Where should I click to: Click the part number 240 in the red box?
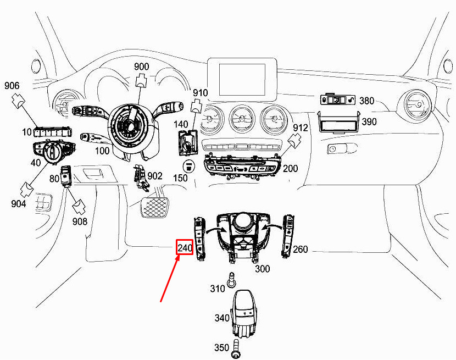[185, 248]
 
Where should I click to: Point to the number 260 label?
[300, 250]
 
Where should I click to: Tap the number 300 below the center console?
[262, 269]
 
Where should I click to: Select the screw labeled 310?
[231, 280]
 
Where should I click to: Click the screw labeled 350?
[236, 348]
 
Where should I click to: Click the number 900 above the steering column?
[141, 67]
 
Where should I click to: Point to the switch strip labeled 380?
[338, 100]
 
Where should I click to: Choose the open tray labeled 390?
[338, 123]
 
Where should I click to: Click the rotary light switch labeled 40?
[54, 151]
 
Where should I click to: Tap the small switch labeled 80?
[65, 175]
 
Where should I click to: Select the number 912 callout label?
[300, 128]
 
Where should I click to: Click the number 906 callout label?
[12, 86]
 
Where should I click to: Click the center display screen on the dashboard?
[242, 80]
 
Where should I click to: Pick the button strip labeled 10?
[53, 132]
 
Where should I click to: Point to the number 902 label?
[155, 176]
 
